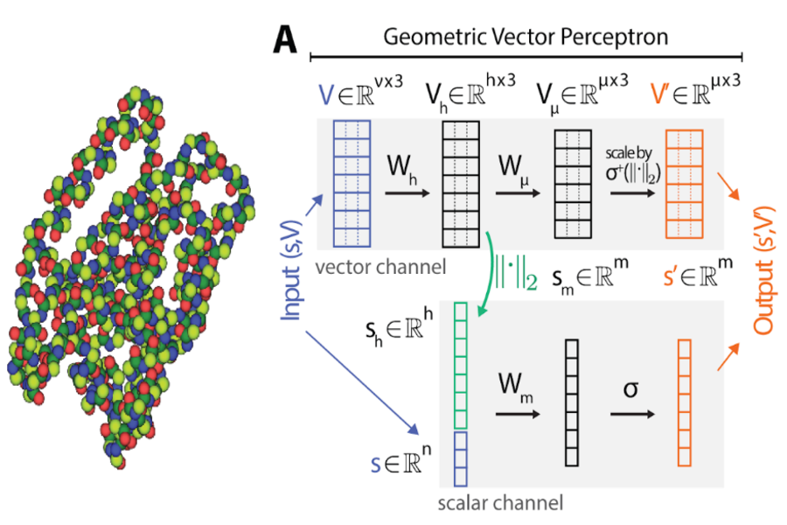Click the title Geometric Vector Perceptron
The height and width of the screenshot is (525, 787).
(526, 37)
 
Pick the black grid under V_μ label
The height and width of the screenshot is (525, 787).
(573, 184)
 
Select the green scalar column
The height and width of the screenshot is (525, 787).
(461, 365)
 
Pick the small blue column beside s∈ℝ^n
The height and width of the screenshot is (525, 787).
(461, 458)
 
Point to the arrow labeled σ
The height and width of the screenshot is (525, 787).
(630, 412)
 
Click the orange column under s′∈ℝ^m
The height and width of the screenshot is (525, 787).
(685, 402)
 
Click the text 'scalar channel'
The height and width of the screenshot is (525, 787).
(500, 503)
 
